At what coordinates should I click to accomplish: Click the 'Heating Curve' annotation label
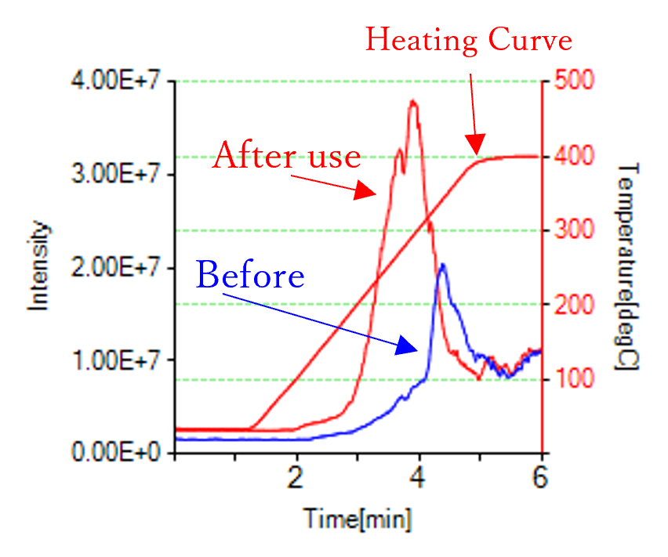tap(469, 40)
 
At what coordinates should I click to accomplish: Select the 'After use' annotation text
tap(286, 156)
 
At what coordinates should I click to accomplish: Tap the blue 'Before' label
tap(250, 276)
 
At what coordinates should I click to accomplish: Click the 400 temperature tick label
tap(575, 156)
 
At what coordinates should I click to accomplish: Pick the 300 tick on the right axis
tap(575, 230)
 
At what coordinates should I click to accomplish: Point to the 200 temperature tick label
tap(575, 305)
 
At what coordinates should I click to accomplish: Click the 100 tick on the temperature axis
tap(575, 379)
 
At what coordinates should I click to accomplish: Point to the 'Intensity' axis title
tap(40, 266)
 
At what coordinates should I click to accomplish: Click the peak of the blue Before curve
tap(443, 265)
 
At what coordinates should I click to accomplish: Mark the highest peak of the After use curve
tap(412, 101)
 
